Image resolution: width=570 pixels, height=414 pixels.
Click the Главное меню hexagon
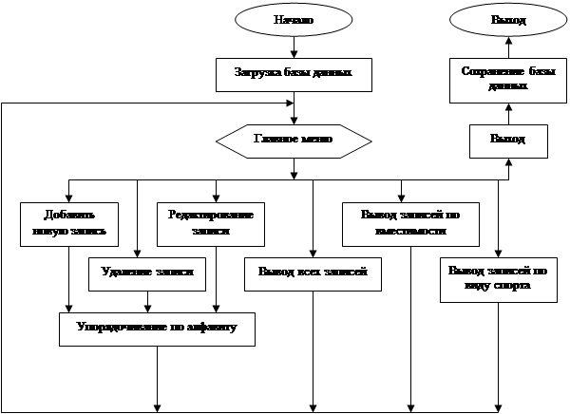(292, 140)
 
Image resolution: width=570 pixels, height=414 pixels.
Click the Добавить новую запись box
(68, 222)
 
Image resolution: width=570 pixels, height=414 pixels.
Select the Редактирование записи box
(210, 222)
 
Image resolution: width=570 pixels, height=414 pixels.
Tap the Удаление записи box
(147, 273)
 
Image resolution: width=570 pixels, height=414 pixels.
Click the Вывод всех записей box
(313, 273)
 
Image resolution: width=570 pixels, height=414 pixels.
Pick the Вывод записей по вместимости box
(409, 222)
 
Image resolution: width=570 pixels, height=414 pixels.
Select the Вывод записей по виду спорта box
(497, 278)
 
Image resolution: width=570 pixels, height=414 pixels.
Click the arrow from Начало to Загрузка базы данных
(294, 47)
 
